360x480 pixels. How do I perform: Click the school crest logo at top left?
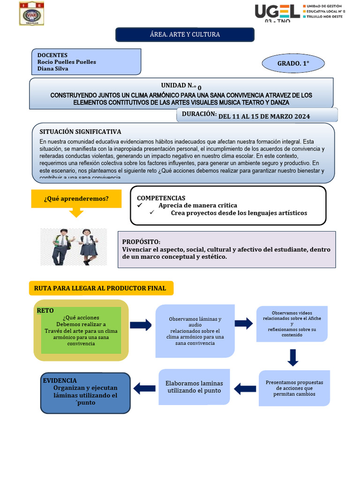point(32,14)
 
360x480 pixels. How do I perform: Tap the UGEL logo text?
point(277,11)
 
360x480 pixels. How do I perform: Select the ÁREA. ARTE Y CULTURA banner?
point(185,35)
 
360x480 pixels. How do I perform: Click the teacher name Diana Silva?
point(52,68)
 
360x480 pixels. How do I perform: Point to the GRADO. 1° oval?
point(293,63)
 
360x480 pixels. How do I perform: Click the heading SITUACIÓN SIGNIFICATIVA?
point(80,132)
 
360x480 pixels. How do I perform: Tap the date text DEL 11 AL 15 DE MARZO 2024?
point(264,116)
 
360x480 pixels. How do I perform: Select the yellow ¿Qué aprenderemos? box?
point(76,199)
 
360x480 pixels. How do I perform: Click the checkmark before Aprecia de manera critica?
point(139,205)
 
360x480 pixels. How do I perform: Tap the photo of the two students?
point(74,247)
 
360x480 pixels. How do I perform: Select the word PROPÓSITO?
point(141,241)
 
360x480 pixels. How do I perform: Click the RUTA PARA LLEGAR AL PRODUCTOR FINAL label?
point(100,288)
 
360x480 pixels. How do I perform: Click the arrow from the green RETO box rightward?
point(141,325)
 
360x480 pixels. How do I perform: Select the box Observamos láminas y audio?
point(195,330)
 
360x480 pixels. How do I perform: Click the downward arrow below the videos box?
point(293,357)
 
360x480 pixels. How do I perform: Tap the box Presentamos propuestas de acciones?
point(294,388)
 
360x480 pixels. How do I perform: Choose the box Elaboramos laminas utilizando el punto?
point(194,387)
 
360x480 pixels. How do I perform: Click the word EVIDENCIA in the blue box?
point(60,381)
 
